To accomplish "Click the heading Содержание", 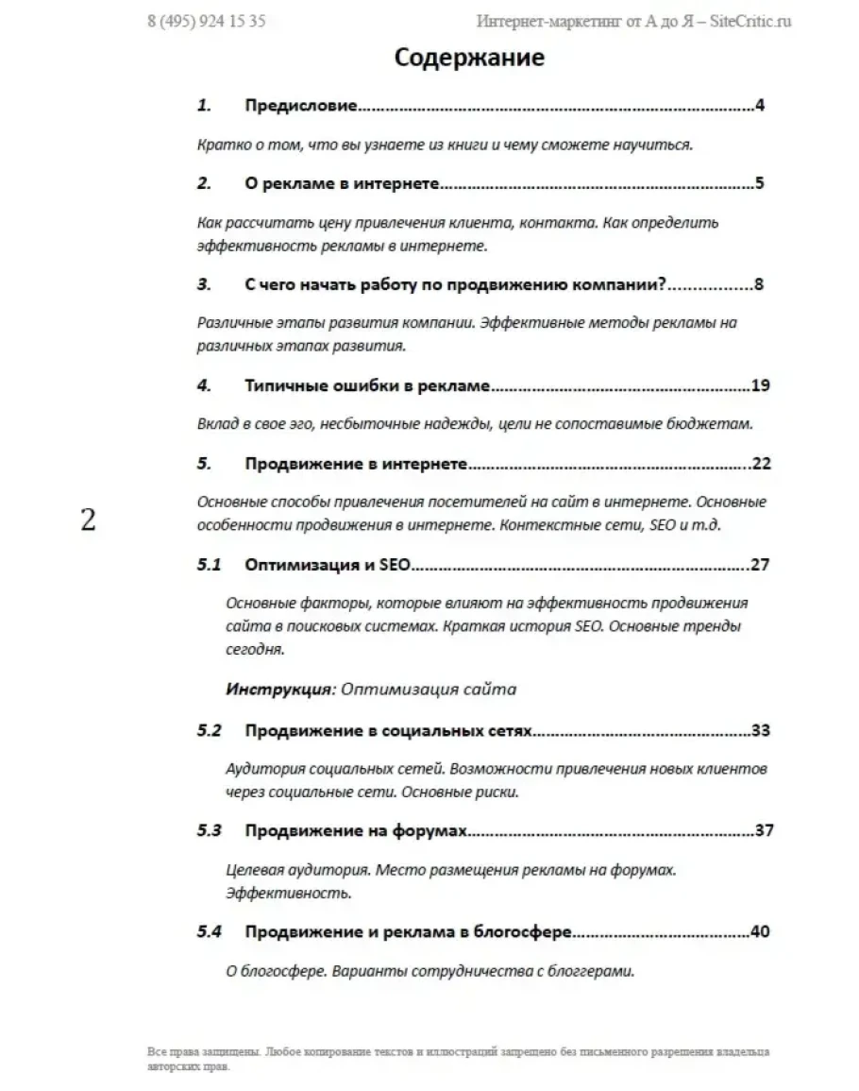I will coord(469,58).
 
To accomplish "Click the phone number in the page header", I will coord(206,21).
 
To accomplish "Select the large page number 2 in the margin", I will coord(88,520).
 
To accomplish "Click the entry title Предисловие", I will coord(300,106).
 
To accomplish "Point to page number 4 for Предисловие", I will coord(759,106).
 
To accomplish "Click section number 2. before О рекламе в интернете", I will coord(204,183).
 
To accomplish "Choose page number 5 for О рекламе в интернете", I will coord(759,183).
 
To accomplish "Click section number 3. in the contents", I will coord(204,284).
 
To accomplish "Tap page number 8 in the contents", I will coord(759,284).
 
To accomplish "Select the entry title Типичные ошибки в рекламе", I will coord(368,385).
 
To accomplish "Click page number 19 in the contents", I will coord(762,385).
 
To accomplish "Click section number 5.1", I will coord(209,565).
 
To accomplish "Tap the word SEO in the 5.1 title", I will coord(396,565).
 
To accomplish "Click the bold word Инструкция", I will coord(278,689).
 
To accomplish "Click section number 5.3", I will coord(209,831).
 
